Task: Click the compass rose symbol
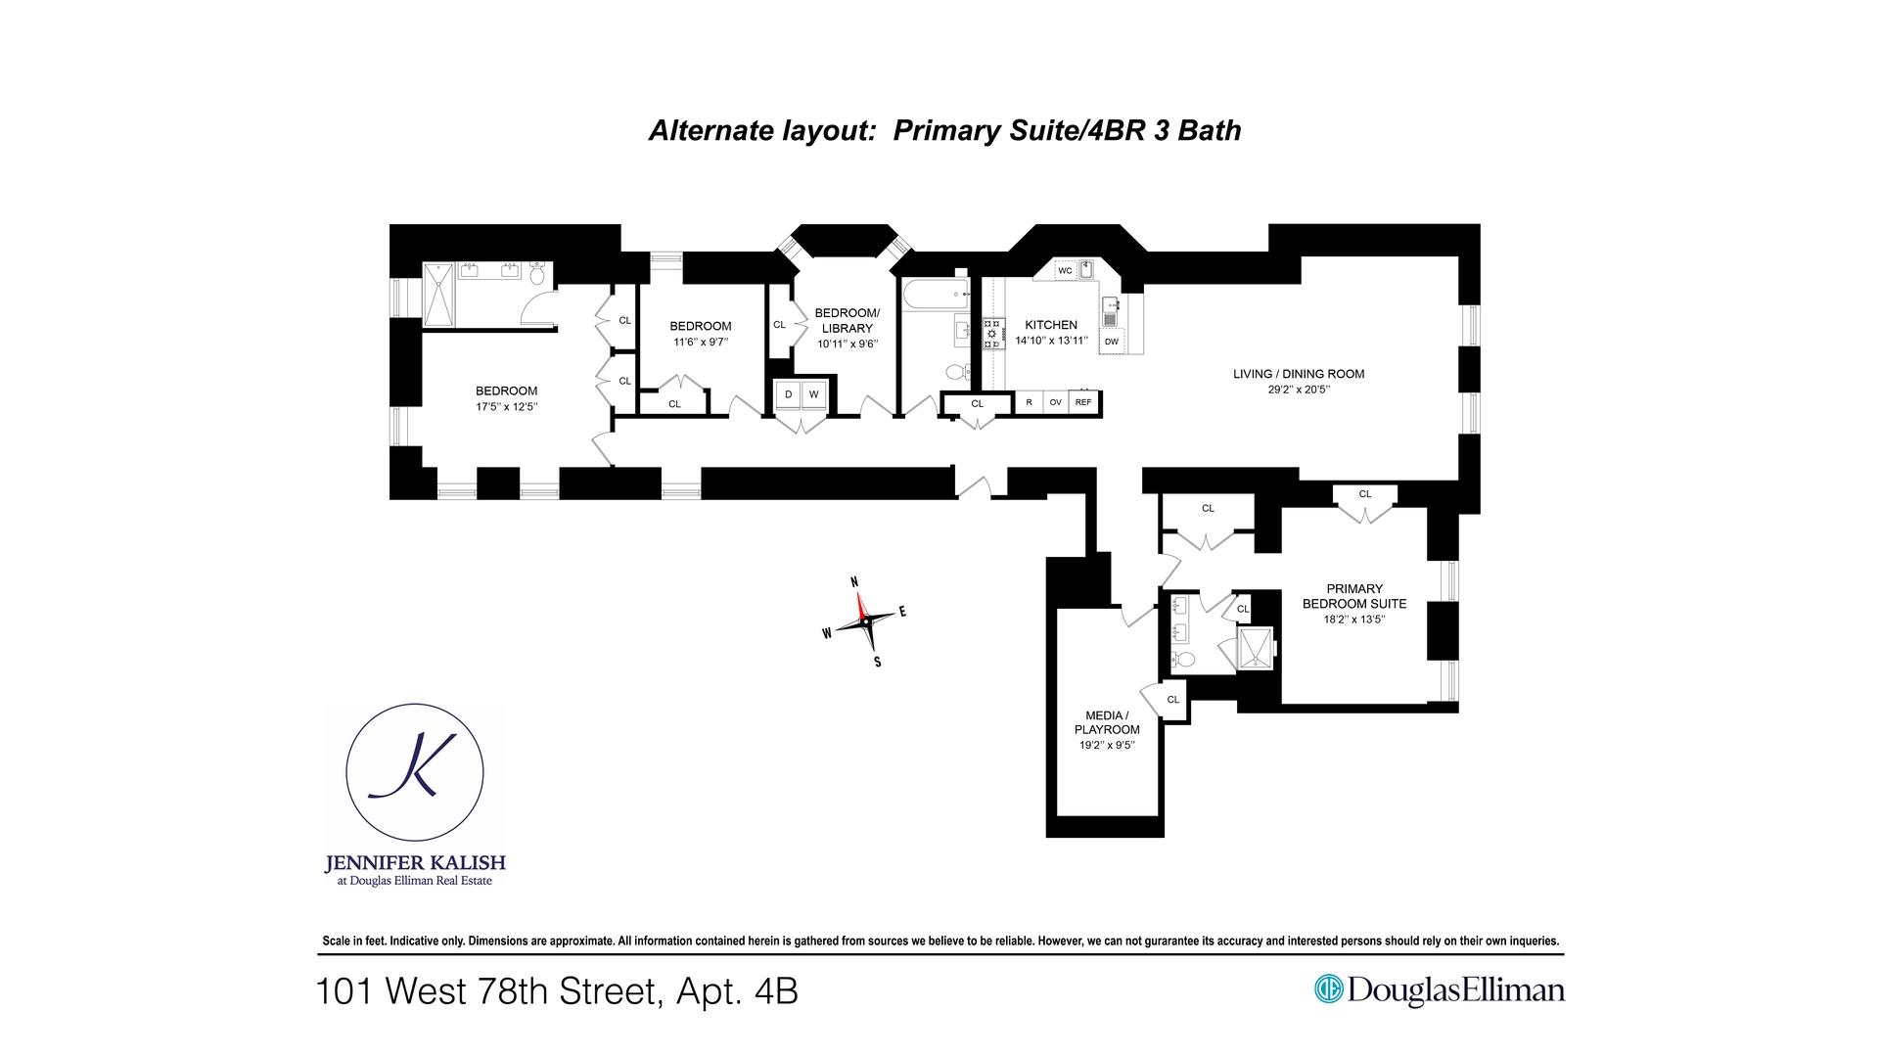865,622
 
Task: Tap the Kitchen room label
1051,325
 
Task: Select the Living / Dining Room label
1298,374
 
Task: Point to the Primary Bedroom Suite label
1354,596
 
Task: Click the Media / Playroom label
1107,722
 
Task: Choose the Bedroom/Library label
847,320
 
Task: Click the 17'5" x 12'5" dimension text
507,407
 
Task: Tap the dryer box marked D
788,394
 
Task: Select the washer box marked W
813,394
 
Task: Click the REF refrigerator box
1083,402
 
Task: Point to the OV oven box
1055,402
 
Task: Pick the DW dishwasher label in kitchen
1112,342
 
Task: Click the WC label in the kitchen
1065,271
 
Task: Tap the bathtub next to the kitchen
935,293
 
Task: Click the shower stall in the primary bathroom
1256,649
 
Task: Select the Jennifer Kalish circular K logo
415,772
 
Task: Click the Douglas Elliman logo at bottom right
1439,990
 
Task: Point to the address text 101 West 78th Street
556,991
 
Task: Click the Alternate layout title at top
944,130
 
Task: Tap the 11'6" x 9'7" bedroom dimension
701,343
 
